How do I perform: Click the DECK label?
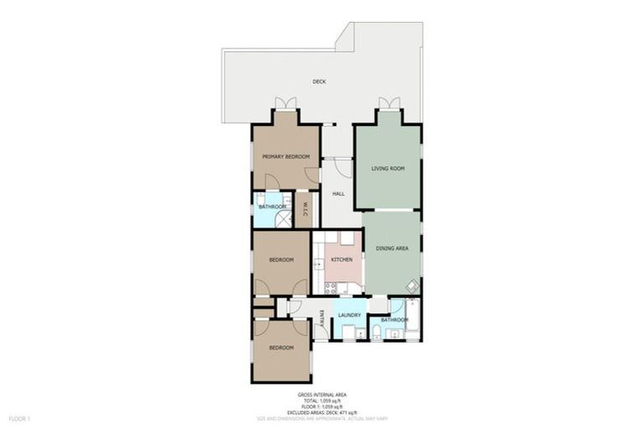pyautogui.click(x=319, y=81)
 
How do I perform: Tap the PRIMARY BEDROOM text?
pyautogui.click(x=286, y=157)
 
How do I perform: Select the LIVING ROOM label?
pyautogui.click(x=388, y=169)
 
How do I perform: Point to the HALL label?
pyautogui.click(x=339, y=194)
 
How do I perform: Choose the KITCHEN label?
pyautogui.click(x=341, y=260)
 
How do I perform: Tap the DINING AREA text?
pyautogui.click(x=392, y=249)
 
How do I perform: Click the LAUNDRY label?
pyautogui.click(x=350, y=316)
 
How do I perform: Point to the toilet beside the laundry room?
pyautogui.click(x=377, y=333)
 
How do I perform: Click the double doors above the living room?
pyautogui.click(x=388, y=103)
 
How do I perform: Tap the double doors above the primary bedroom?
pyautogui.click(x=286, y=103)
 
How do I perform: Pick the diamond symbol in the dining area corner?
pyautogui.click(x=412, y=286)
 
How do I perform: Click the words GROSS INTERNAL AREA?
pyautogui.click(x=322, y=394)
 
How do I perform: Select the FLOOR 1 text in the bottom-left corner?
pyautogui.click(x=19, y=417)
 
